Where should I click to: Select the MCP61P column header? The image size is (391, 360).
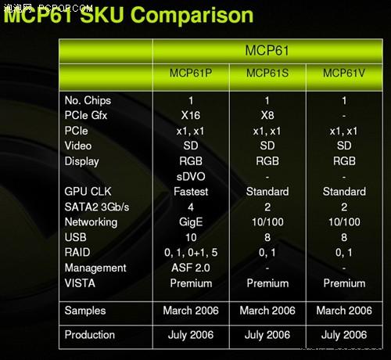coord(191,73)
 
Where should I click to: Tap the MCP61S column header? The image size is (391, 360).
coord(267,73)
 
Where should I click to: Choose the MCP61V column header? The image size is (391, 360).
coord(344,73)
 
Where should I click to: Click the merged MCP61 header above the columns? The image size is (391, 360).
coord(267,51)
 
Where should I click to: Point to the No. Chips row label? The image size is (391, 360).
coord(88,100)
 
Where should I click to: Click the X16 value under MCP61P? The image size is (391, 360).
coord(191,115)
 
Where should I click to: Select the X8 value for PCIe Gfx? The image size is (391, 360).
coord(267,115)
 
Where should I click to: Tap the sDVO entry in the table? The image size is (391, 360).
coord(191,177)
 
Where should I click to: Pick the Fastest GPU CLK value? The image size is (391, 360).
coord(191,192)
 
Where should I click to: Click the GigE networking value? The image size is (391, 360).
coord(191,222)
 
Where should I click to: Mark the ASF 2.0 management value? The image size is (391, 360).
coord(191,268)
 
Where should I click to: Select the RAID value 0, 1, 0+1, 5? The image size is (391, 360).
coord(191,253)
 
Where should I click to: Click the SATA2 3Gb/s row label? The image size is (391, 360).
coord(97,207)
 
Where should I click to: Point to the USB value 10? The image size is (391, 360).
coord(191,237)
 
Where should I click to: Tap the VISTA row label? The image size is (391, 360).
coord(80,283)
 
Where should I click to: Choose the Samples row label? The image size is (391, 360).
coord(85,311)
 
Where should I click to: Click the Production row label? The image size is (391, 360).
coord(90,335)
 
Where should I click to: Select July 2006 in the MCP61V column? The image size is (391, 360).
coord(344,335)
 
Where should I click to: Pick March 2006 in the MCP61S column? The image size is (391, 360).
coord(267,311)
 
